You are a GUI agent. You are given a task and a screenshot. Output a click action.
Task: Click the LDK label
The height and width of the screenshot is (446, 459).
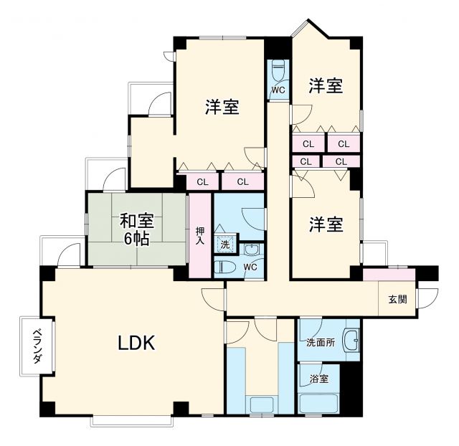[136, 343]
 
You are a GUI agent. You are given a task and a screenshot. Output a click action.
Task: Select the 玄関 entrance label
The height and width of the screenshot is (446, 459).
[398, 299]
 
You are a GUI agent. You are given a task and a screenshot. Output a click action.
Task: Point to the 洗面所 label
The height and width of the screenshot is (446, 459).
[320, 342]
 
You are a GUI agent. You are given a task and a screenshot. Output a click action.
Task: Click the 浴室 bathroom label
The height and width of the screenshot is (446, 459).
[319, 379]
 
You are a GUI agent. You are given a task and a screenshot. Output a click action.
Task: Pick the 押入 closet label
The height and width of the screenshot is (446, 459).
[200, 236]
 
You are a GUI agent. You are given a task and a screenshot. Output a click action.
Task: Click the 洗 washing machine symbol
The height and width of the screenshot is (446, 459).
[225, 244]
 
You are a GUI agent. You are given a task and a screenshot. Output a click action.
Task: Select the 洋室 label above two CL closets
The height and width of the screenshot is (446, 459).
[222, 108]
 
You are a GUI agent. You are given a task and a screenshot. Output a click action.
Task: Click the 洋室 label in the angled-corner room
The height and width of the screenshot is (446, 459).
[325, 86]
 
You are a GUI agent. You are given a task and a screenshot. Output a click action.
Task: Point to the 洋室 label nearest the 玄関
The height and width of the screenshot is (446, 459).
[325, 224]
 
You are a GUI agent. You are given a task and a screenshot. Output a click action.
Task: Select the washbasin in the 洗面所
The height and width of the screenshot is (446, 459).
[351, 341]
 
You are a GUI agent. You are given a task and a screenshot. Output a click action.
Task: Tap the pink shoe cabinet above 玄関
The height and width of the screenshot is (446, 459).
[389, 275]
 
